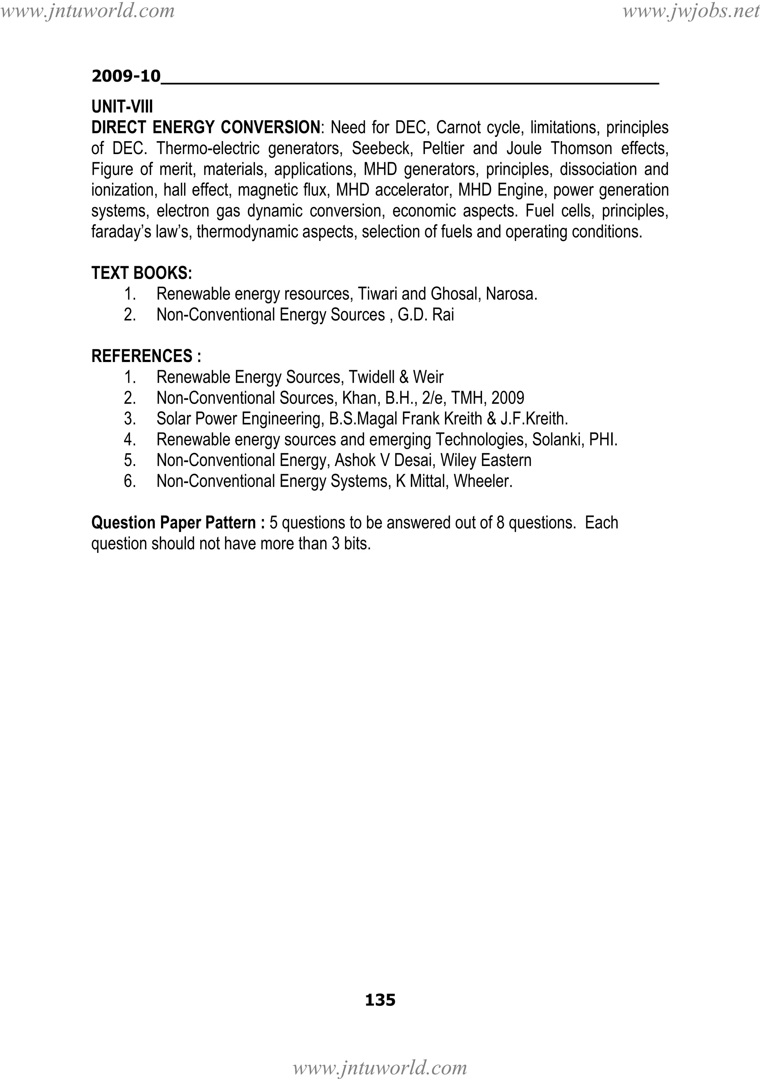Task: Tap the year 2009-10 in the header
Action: tap(126, 76)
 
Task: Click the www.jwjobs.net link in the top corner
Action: tap(691, 11)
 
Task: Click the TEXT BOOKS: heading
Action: tap(141, 273)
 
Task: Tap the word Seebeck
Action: tap(382, 149)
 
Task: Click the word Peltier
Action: tap(443, 149)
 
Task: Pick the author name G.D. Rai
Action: tap(426, 315)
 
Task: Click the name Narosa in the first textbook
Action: tap(511, 294)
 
